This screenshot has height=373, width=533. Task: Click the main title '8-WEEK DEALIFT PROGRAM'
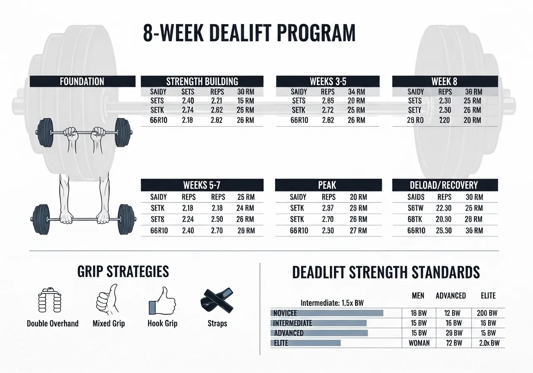point(249,34)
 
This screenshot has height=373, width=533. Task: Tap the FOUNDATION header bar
point(82,81)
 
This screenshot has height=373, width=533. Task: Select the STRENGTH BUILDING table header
point(202,81)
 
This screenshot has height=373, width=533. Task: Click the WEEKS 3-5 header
point(328,81)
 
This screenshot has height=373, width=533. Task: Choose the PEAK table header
point(328,185)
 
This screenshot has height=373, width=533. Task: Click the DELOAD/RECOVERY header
point(445,185)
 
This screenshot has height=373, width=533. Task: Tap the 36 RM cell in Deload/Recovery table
point(474,230)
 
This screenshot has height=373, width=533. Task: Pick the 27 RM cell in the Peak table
point(358,230)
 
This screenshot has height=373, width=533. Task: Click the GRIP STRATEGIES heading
point(123,271)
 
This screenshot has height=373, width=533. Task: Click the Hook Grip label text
point(162,323)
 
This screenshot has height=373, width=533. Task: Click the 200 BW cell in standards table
point(487,313)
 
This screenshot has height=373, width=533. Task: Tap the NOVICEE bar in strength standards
point(326,313)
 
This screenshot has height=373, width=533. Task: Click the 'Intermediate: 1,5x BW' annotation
point(332,303)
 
